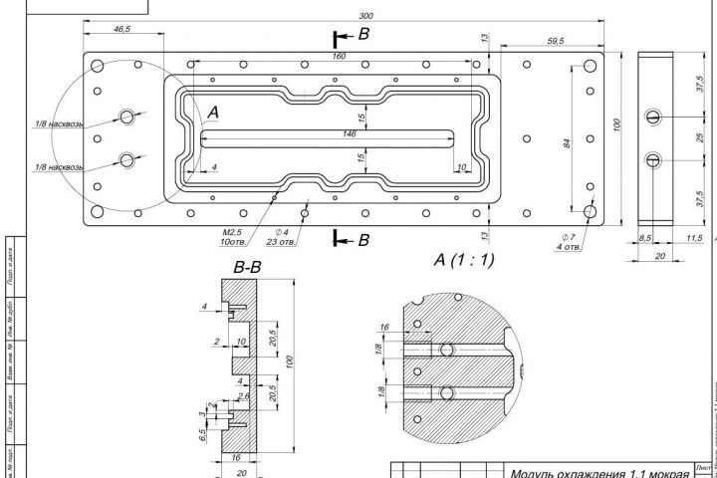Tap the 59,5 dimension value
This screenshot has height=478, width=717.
pos(556,41)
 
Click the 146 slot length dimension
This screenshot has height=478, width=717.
pos(350,132)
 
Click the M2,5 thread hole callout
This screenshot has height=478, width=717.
pos(235,232)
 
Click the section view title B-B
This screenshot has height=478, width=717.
pos(248,267)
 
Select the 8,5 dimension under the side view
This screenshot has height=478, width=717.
pos(645,238)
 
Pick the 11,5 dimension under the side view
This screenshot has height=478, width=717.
pos(694,238)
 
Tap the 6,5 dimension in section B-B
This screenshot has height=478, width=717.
pos(202,434)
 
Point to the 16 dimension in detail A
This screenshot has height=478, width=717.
pos(383,327)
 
